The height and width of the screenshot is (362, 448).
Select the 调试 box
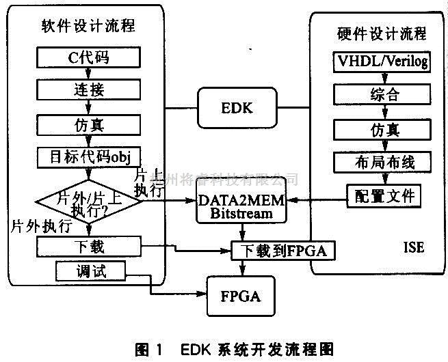click(x=91, y=271)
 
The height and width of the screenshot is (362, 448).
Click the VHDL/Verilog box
click(x=382, y=62)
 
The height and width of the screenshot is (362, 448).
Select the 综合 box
click(x=382, y=94)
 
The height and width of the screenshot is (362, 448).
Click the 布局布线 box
click(x=382, y=162)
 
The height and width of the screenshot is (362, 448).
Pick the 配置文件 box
click(x=382, y=196)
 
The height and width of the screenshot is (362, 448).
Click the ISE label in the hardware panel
click(x=414, y=247)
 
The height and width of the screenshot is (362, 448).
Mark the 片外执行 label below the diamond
click(x=38, y=226)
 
